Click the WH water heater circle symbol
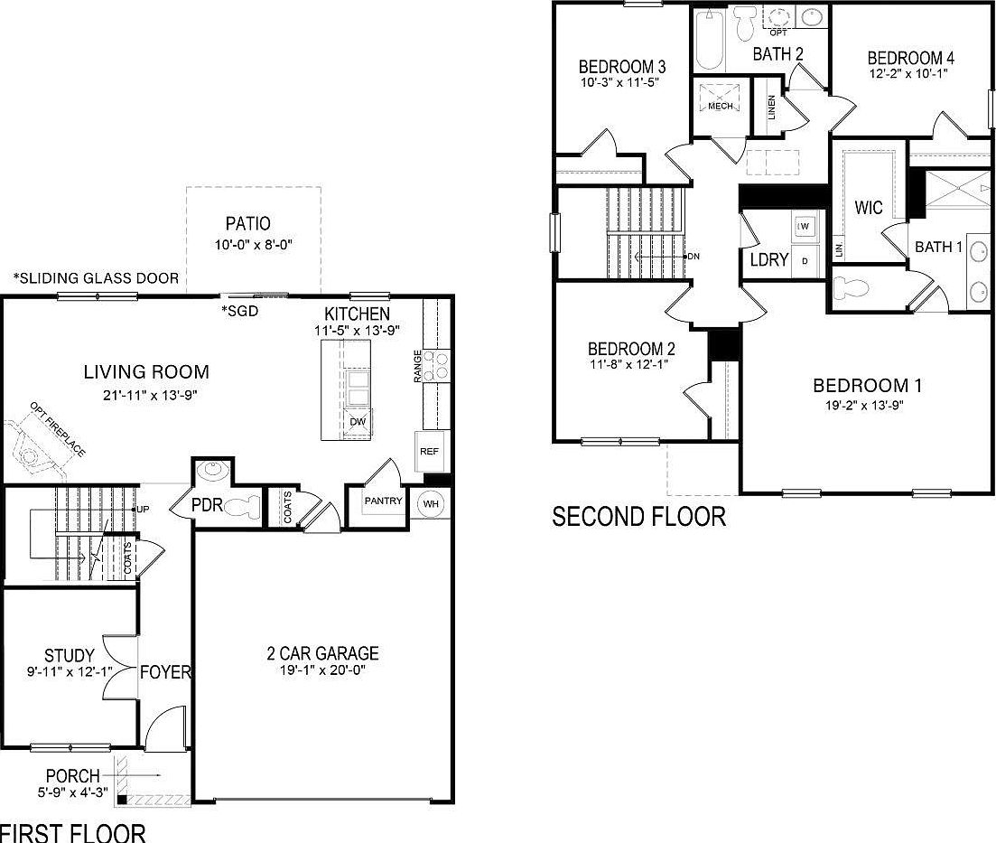[430, 502]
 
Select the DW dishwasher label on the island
[358, 422]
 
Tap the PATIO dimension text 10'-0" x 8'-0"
[253, 245]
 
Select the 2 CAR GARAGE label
[322, 653]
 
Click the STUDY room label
[70, 655]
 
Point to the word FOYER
[165, 672]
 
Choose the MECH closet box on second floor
[720, 106]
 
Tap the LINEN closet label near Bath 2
[771, 108]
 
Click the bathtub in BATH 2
[709, 41]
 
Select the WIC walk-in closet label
[869, 208]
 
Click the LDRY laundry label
[769, 260]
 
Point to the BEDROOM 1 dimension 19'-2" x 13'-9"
[867, 406]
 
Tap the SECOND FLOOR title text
[638, 517]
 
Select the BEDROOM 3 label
[622, 67]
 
